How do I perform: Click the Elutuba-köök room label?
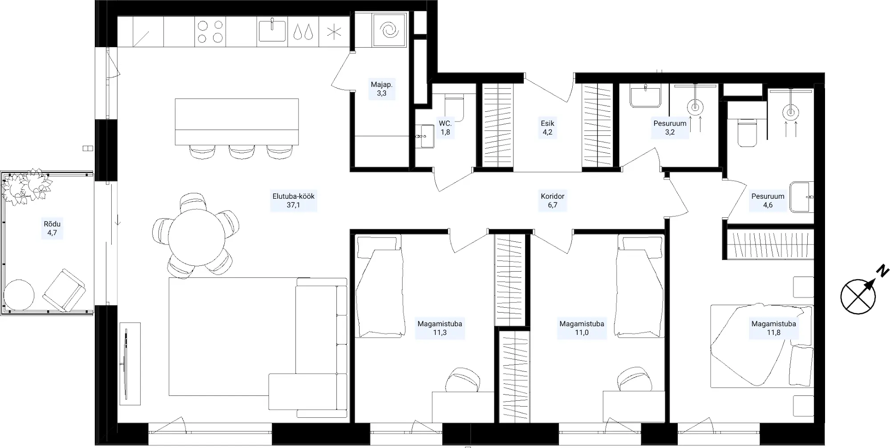(293, 200)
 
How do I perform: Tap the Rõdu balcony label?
(52, 228)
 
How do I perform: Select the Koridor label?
(552, 200)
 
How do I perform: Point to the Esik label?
(547, 128)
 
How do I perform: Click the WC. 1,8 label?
(445, 128)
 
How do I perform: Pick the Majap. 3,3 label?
(381, 89)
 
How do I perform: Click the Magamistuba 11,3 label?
(440, 328)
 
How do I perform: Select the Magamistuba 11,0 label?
(582, 328)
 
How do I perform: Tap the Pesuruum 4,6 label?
(768, 200)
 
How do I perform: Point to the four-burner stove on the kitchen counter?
(210, 32)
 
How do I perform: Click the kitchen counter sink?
(272, 31)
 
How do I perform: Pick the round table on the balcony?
(19, 294)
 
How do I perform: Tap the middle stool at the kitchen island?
(242, 151)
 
